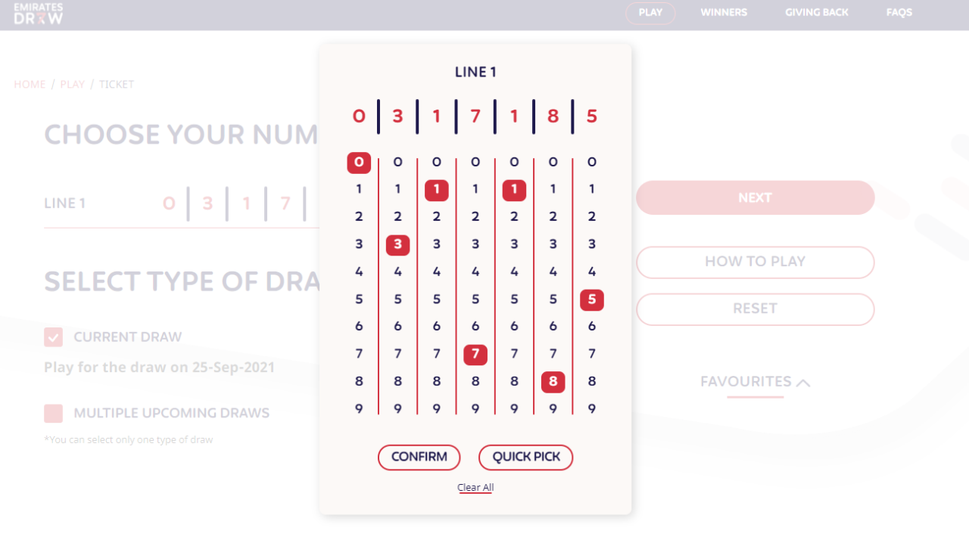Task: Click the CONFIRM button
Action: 419,457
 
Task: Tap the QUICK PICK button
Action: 525,457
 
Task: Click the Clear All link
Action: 475,487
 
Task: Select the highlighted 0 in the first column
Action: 359,162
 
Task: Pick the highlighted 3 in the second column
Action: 397,244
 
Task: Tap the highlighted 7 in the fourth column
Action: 475,354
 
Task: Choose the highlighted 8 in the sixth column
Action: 553,382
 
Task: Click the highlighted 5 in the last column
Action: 591,299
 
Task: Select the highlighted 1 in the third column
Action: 436,190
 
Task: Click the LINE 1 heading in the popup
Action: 475,73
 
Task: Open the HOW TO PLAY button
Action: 755,262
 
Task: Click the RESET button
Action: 755,309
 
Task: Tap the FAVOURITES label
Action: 746,382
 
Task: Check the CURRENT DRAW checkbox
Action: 53,337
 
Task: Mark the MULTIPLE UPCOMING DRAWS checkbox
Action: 53,414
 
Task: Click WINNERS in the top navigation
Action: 724,13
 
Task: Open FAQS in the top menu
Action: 899,13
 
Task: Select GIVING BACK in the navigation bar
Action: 816,13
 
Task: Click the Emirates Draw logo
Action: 39,14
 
